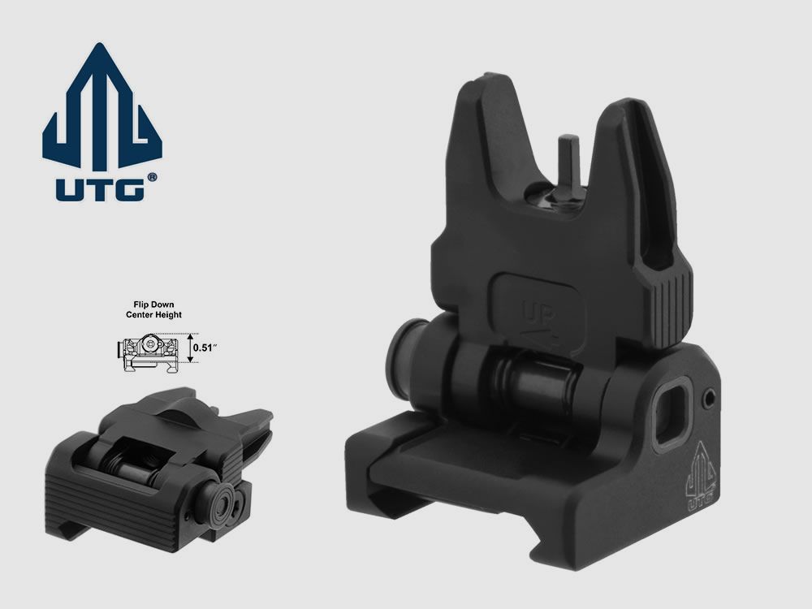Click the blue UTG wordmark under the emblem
pyautogui.click(x=100, y=188)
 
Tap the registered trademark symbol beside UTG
pyautogui.click(x=152, y=177)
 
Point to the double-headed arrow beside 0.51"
pyautogui.click(x=189, y=348)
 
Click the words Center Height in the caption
pyautogui.click(x=154, y=315)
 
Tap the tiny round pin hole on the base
pyautogui.click(x=711, y=398)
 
